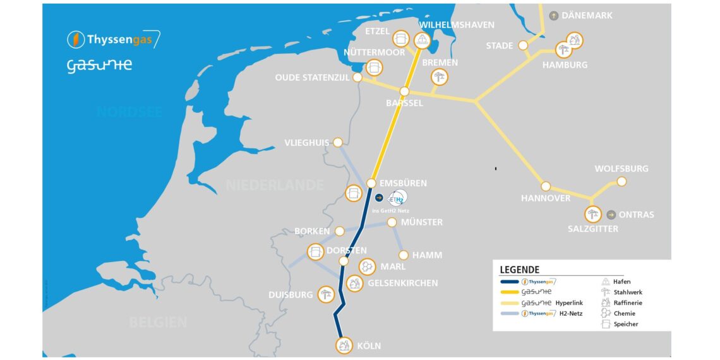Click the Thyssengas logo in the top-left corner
(114, 40)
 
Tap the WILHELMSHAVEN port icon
(421, 40)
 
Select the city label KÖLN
(369, 345)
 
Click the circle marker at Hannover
(546, 186)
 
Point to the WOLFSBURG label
(621, 169)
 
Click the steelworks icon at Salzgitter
(592, 215)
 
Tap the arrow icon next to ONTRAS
(611, 215)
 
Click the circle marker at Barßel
(405, 92)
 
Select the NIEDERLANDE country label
(275, 185)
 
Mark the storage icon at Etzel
(400, 38)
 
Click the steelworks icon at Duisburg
(326, 293)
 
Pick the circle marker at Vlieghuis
(338, 142)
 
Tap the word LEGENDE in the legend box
(519, 269)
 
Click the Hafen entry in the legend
(621, 282)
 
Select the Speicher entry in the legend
(625, 324)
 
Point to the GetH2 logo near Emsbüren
(398, 198)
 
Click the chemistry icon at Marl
(366, 267)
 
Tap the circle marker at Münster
(392, 222)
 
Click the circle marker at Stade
(523, 45)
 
